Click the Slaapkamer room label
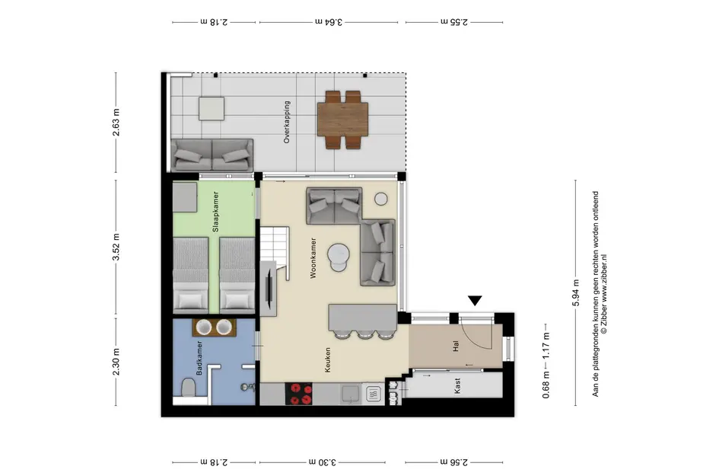click(x=215, y=212)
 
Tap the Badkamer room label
click(x=199, y=358)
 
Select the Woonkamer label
click(x=313, y=258)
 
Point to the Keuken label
click(x=327, y=360)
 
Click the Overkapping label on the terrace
click(x=287, y=123)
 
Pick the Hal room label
click(x=455, y=346)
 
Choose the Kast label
click(x=457, y=386)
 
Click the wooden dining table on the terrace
click(x=342, y=120)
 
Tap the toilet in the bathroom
click(x=188, y=388)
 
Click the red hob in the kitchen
click(x=298, y=394)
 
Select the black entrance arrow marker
click(x=475, y=301)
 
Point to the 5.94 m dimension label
click(x=576, y=293)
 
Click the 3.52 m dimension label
click(x=116, y=247)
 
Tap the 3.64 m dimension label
click(x=329, y=21)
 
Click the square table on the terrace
click(x=212, y=108)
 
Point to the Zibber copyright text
click(x=604, y=294)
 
